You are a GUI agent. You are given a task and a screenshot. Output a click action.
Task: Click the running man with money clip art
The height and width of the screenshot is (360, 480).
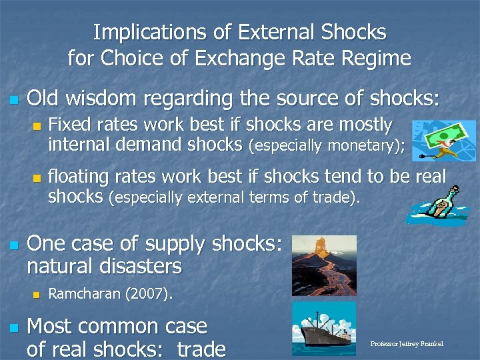434,141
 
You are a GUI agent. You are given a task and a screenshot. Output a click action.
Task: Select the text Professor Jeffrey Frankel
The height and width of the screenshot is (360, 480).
407,344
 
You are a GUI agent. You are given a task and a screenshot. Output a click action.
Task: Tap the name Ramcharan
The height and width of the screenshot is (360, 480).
83,294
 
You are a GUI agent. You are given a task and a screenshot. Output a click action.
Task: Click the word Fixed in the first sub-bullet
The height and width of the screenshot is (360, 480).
71,125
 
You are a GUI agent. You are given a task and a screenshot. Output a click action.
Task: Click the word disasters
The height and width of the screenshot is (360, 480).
139,267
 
